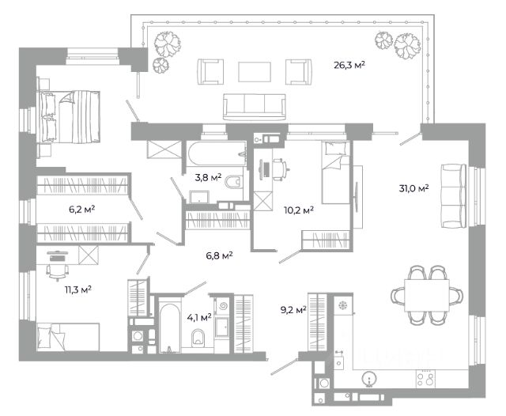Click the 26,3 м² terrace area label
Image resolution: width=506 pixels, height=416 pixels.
click(349, 66)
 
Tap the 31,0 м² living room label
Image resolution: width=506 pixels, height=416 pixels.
click(413, 188)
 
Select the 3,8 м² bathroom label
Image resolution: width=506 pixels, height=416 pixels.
click(208, 177)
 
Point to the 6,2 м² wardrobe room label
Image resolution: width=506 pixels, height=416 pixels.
click(82, 210)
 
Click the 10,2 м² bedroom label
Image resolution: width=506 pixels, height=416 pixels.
click(299, 210)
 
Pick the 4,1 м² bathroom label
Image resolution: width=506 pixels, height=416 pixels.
click(199, 318)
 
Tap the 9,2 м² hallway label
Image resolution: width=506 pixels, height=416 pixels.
click(293, 310)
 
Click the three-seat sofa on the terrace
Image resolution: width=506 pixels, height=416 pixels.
click(255, 107)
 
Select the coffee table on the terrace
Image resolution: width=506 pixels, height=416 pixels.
click(255, 72)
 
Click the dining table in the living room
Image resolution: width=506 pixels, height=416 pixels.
click(427, 295)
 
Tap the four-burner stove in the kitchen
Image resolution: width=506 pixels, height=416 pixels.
click(425, 379)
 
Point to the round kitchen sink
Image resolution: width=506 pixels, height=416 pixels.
click(369, 378)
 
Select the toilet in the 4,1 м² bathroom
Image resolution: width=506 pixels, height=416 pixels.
click(198, 338)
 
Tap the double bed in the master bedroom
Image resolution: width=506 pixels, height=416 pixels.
click(69, 116)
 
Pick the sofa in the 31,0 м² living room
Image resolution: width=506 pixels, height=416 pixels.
click(454, 196)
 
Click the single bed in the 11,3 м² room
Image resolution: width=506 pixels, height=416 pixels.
click(68, 337)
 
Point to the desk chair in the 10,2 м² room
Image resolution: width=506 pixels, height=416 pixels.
click(281, 169)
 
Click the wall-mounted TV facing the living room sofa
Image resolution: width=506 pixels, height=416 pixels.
click(357, 197)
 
